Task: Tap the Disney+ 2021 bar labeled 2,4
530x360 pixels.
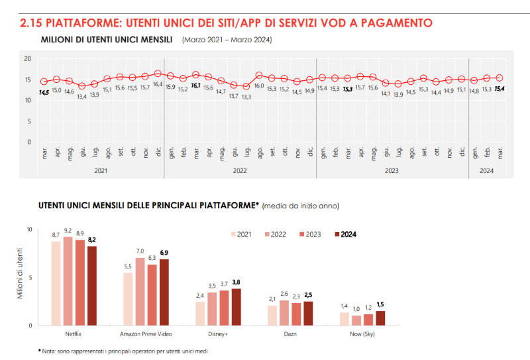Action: click(x=199, y=314)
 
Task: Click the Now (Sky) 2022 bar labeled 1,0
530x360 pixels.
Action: click(x=356, y=320)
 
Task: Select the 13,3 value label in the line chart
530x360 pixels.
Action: click(x=246, y=97)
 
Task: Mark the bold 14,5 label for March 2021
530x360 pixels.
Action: click(x=44, y=92)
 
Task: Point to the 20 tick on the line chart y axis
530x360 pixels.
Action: click(x=28, y=59)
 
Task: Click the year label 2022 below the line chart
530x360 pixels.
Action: click(x=240, y=170)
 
